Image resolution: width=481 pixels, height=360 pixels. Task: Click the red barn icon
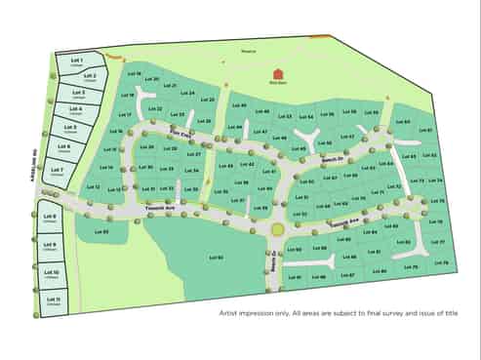[x=278, y=73]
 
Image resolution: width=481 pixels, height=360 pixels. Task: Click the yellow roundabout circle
[x=277, y=229]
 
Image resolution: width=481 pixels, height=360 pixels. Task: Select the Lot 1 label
[x=75, y=60]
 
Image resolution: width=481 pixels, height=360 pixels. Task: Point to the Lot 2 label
[x=89, y=75]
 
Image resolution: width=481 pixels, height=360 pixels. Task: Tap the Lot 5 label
[x=69, y=126]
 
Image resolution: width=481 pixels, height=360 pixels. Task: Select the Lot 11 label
[x=52, y=299]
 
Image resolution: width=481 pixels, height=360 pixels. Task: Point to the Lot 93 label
[x=103, y=231]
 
